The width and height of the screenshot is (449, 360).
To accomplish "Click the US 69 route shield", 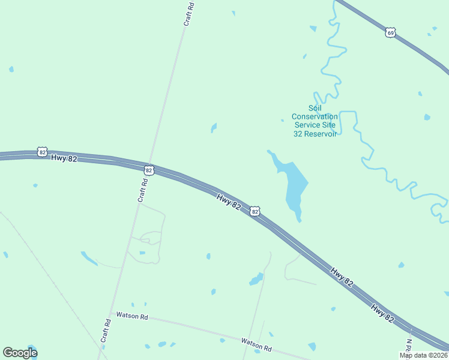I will tap(391, 32).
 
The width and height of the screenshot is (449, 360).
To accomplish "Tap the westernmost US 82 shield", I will tap(41, 152).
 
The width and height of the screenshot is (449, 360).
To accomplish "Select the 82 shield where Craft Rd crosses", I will tap(148, 170).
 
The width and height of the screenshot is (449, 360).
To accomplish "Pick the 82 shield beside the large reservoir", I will tap(255, 211).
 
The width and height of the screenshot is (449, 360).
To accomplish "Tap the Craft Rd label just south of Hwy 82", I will tap(143, 192).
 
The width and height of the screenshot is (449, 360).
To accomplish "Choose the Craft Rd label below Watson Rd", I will tap(106, 331).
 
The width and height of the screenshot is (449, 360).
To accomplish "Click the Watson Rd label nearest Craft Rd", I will tap(132, 316).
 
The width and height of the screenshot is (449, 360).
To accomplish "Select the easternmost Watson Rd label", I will tap(256, 345).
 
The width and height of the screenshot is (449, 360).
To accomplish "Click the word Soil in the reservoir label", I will tap(315, 108).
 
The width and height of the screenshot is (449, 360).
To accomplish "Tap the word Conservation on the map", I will tap(315, 116).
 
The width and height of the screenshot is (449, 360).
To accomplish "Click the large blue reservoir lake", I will tap(294, 183).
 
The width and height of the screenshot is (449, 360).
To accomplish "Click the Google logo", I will tap(20, 353).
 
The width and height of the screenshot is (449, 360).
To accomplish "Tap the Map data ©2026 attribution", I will tap(424, 355).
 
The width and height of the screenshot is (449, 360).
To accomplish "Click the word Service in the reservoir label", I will tap(307, 125).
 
